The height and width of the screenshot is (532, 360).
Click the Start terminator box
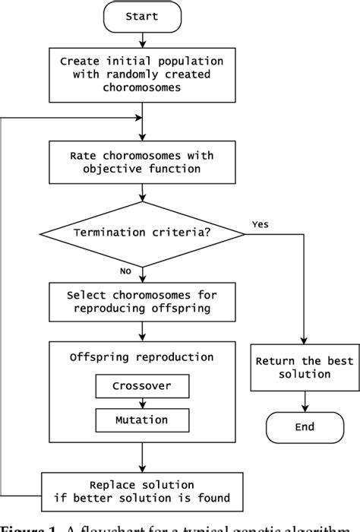(143, 17)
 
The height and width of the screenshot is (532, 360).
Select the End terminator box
(305, 426)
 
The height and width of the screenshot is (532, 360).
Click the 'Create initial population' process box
(143, 76)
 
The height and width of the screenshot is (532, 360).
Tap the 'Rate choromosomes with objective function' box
(143, 162)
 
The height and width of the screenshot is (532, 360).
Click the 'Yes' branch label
(259, 224)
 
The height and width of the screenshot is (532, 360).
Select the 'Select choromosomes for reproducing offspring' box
(143, 302)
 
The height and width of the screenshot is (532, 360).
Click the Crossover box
(143, 386)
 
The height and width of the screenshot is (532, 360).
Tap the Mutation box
(143, 419)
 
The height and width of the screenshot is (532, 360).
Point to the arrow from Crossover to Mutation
(143, 403)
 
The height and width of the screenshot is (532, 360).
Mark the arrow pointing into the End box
(305, 401)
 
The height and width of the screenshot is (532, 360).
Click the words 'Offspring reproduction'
(143, 357)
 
